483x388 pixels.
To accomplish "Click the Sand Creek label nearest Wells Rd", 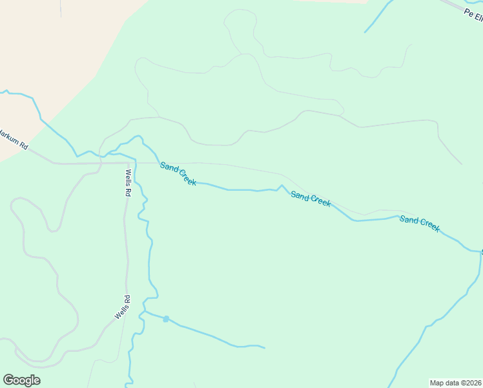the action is [x=178, y=174].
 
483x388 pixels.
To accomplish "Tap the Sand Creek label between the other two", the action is [x=311, y=199].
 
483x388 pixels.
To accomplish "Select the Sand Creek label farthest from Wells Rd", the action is [x=420, y=224].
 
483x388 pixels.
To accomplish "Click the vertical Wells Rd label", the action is [x=128, y=183].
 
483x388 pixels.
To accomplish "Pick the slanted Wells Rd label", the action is [x=123, y=307].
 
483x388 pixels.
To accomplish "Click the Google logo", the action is [x=21, y=380].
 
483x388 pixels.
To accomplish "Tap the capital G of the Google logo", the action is [x=8, y=380].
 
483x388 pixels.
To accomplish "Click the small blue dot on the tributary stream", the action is [x=166, y=319].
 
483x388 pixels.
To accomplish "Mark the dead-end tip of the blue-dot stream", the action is [x=264, y=348].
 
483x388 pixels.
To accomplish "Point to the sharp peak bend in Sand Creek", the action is [x=280, y=186].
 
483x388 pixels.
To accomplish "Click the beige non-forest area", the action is [x=52, y=52].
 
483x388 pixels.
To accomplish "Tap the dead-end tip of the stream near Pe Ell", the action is [x=365, y=32].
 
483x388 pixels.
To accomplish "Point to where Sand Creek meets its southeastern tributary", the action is [x=480, y=251].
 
